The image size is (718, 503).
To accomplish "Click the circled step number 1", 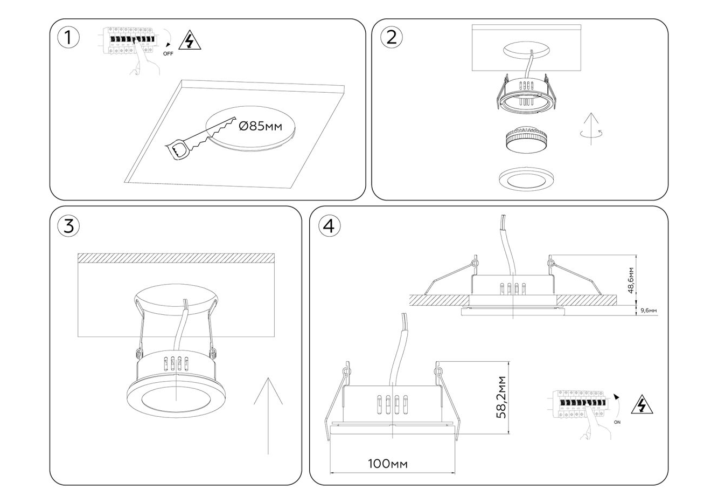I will (68, 38).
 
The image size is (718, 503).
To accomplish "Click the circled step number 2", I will (392, 37).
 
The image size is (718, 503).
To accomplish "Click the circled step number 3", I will (68, 226).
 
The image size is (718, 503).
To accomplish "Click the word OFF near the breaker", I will (168, 54).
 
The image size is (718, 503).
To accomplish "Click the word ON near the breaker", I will (617, 422).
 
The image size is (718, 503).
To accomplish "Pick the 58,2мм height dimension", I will (502, 397).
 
